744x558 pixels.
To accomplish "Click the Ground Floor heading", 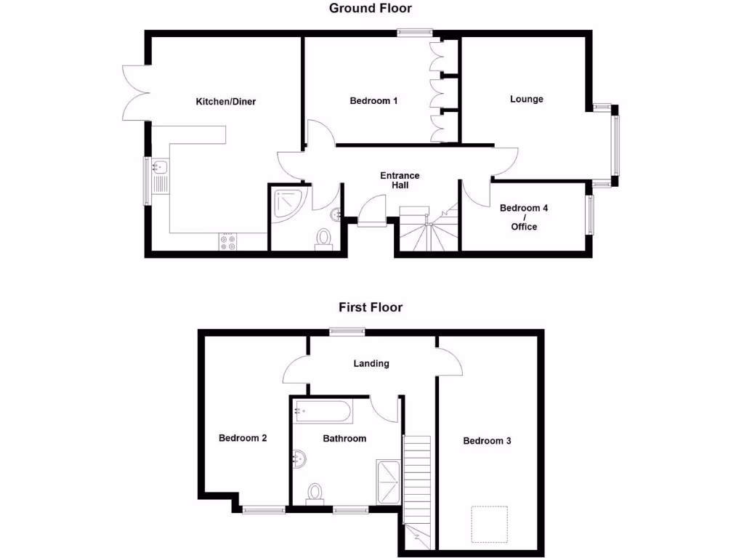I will pos(371,9).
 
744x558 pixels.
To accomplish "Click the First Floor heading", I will pos(371,307).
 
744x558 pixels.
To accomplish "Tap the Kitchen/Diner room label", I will pos(226,102).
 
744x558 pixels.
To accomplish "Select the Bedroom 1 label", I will pos(373,101).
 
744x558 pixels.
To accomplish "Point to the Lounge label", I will pos(527,99).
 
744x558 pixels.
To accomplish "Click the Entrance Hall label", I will pos(400,180).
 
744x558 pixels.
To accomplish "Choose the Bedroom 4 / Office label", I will pos(524,217).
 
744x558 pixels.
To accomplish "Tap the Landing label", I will pos(371,363).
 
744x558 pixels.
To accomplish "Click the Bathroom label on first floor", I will pos(344,438).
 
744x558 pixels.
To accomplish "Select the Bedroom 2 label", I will pos(243,438).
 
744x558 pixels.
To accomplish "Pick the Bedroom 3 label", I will pos(488,441).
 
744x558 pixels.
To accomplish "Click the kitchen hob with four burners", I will pos(227,241).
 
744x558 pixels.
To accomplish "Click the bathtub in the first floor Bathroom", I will pos(323,412).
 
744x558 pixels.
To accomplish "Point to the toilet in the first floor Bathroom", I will pos(315,493).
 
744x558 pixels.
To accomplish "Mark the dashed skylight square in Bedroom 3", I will pos(488,524).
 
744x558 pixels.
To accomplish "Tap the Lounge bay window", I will pos(616,145).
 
